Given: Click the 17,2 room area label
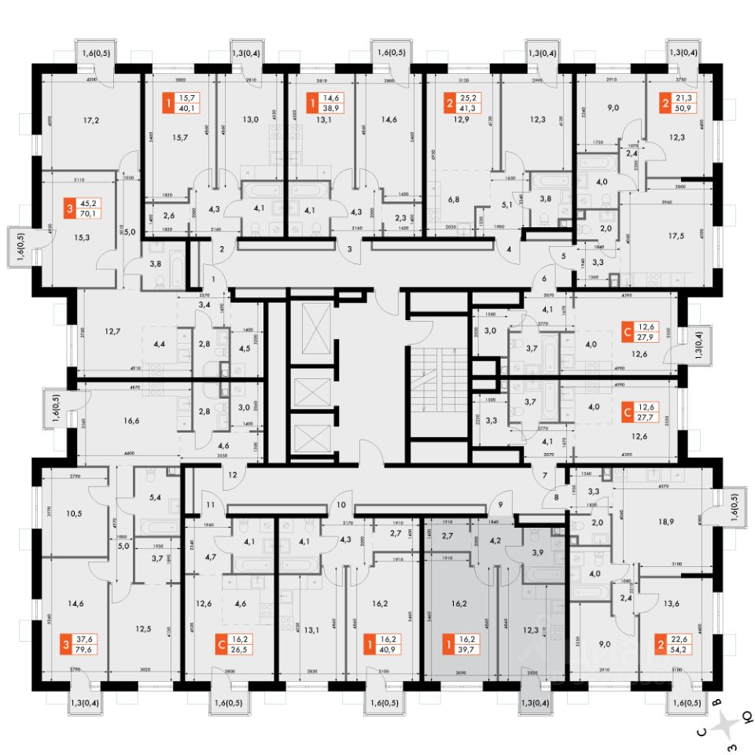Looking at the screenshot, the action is [x=92, y=121].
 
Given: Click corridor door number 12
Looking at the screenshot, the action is [x=232, y=474].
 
